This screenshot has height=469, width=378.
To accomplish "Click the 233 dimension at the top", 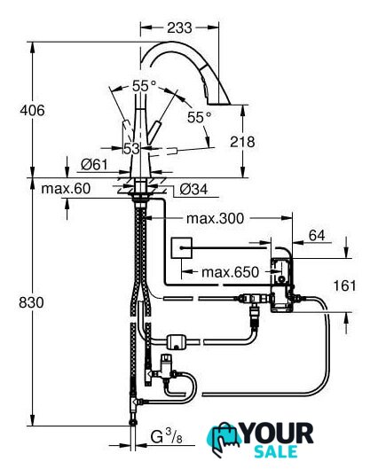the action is pyautogui.click(x=179, y=27).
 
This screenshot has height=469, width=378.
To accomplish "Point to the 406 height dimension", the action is pyautogui.click(x=32, y=110).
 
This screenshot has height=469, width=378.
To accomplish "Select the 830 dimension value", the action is pyautogui.click(x=31, y=302).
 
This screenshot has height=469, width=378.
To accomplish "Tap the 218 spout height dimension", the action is pyautogui.click(x=242, y=142).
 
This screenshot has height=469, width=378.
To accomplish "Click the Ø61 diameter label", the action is pyautogui.click(x=94, y=164).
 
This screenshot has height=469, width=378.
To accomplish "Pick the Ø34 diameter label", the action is pyautogui.click(x=193, y=189).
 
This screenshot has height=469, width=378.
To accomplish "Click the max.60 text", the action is pyautogui.click(x=66, y=189).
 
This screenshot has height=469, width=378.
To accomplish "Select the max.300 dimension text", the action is pyautogui.click(x=216, y=218).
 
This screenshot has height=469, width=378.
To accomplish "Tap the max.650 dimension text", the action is pyautogui.click(x=230, y=272).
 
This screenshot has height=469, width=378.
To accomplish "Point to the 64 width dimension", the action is pyautogui.click(x=317, y=236).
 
